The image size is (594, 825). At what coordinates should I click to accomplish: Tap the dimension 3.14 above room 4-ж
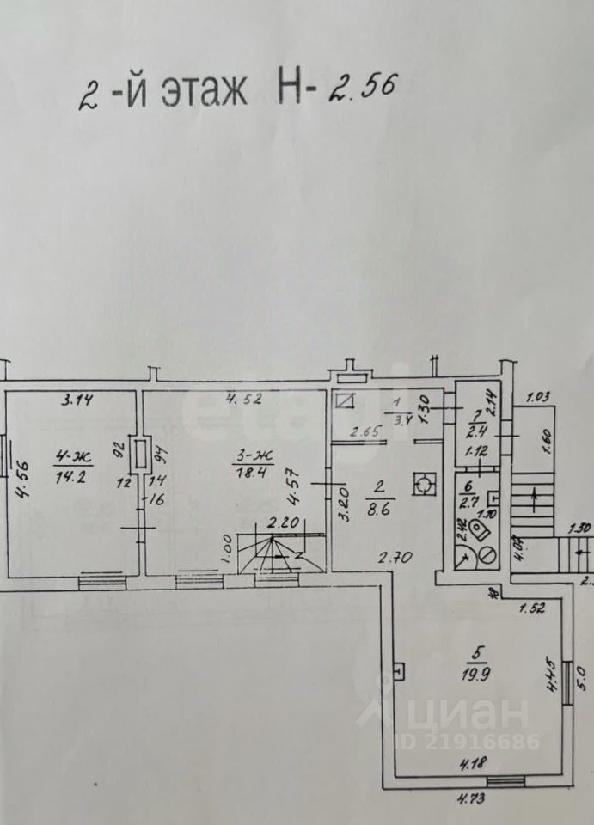(77, 399)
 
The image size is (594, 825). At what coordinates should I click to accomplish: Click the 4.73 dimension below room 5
(468, 801)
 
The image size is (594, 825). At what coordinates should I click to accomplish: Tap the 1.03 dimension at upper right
(537, 396)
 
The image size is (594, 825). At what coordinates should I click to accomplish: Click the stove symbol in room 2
(423, 486)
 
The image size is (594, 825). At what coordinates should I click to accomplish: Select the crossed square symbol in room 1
(346, 400)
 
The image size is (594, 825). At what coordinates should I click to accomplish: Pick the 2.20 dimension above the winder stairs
(282, 522)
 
